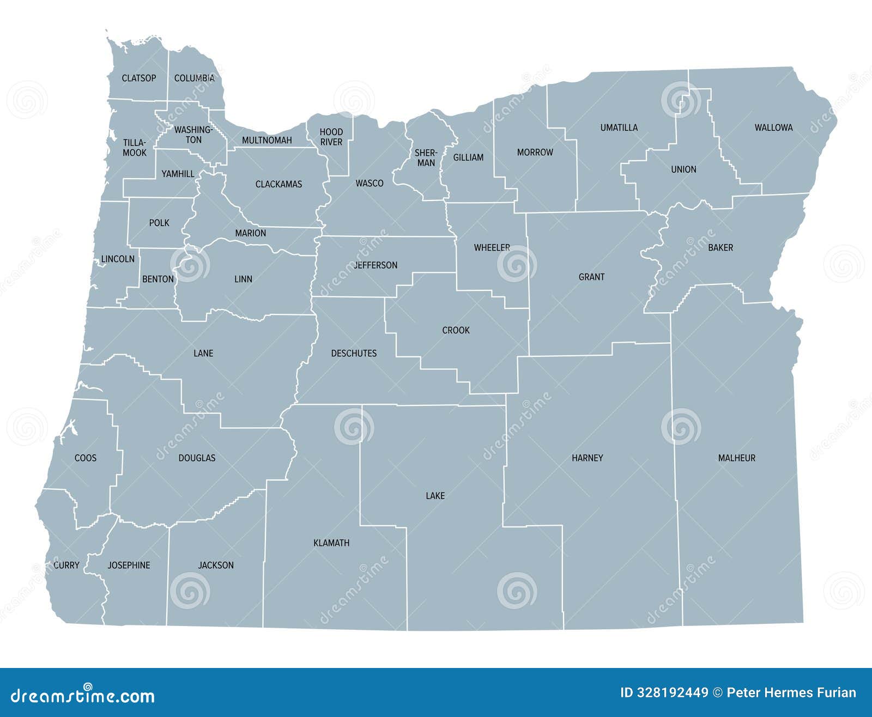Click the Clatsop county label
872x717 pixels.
click(138, 78)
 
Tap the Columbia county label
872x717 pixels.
click(194, 78)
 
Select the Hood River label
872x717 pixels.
click(331, 137)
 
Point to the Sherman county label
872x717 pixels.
click(426, 157)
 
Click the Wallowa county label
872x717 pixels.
click(773, 127)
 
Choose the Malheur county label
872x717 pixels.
click(736, 458)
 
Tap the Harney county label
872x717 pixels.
click(587, 458)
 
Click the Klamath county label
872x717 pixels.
click(331, 543)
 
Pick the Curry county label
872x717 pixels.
click(66, 565)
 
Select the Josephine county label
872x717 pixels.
click(129, 565)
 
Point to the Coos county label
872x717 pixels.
click(86, 458)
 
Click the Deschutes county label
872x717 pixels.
click(354, 353)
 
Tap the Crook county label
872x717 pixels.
click(456, 330)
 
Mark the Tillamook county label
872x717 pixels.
click(135, 148)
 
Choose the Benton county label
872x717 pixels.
click(158, 279)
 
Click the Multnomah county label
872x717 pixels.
click(267, 140)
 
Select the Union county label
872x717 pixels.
click(683, 169)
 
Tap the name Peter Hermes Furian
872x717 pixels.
click(791, 692)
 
